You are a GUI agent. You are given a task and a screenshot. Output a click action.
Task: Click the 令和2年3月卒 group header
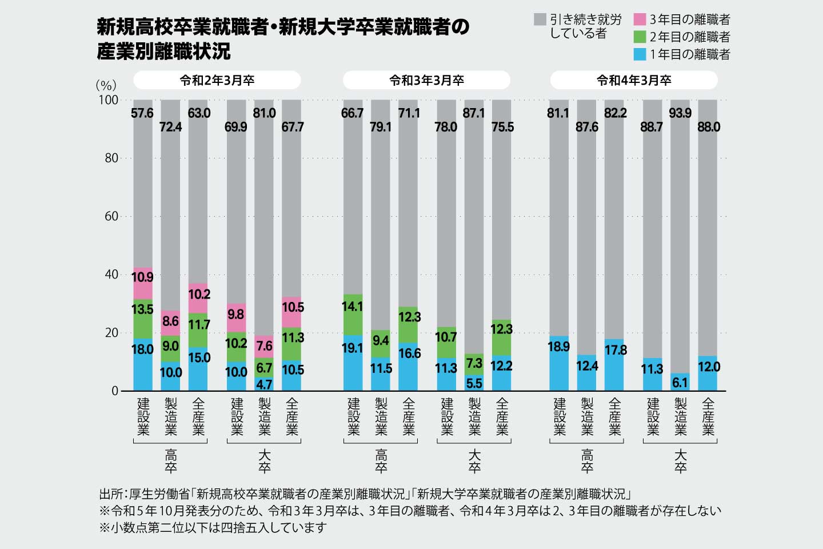tap(217, 81)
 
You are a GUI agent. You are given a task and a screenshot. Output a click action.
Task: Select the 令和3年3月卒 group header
tap(426, 81)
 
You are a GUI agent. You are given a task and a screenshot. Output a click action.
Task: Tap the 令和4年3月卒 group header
tap(634, 81)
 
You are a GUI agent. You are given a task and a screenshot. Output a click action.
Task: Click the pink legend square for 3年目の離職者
tap(640, 20)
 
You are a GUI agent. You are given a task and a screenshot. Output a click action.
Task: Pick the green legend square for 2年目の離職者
tap(640, 37)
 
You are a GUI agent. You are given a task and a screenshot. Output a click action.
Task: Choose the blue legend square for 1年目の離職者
tap(640, 54)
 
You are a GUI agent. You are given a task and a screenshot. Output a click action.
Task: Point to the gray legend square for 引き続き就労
tap(540, 20)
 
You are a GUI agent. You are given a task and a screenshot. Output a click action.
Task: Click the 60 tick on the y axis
tap(111, 216)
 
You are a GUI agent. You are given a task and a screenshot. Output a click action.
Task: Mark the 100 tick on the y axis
tap(109, 100)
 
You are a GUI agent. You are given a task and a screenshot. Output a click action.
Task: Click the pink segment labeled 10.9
tap(143, 284)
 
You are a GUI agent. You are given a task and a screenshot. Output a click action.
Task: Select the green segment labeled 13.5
tap(143, 319)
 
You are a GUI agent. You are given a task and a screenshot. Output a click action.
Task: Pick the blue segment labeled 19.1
tap(353, 363)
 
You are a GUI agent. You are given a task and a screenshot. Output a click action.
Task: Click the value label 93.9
tap(680, 113)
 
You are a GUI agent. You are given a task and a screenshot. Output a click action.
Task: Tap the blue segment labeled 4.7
tap(264, 384)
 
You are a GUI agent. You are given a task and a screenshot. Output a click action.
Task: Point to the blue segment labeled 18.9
tap(558, 363)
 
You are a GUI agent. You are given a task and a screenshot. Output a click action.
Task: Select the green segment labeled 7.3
tap(474, 364)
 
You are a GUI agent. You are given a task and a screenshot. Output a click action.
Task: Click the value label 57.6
tap(142, 113)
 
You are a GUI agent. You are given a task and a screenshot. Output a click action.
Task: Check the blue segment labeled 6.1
tap(680, 382)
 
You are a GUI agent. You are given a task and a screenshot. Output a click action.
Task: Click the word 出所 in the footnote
tap(110, 494)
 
